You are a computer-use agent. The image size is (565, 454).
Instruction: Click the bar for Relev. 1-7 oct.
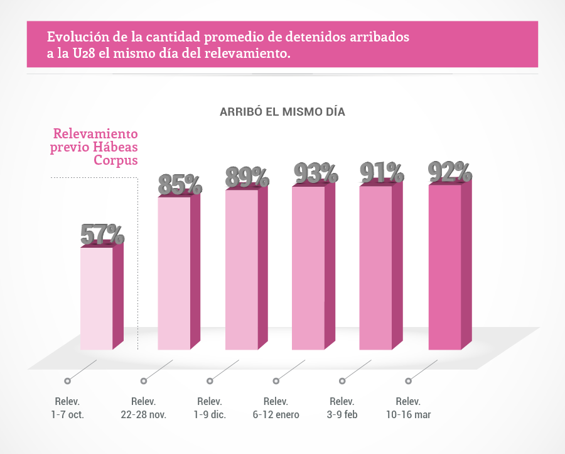tap(97, 298)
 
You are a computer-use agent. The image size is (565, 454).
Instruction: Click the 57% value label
tap(102, 235)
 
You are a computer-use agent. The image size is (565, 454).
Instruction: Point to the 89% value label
tap(247, 177)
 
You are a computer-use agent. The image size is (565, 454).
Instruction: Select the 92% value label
tap(449, 172)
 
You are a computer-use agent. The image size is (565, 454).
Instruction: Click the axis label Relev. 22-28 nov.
tap(144, 408)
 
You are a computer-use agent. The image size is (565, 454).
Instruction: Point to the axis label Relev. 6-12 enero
tap(276, 408)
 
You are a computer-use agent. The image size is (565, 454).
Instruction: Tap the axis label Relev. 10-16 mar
tap(408, 408)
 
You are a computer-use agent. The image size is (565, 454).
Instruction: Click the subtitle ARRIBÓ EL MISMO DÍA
tap(282, 112)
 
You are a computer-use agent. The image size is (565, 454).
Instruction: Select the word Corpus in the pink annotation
tap(116, 160)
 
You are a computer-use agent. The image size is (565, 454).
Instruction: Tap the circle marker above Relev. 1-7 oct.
tap(68, 380)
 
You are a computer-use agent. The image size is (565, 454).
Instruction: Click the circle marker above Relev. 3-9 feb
tap(342, 380)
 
